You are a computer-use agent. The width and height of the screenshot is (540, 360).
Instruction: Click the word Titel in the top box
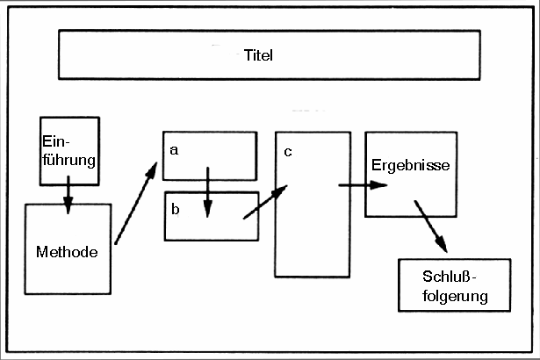(x=260, y=55)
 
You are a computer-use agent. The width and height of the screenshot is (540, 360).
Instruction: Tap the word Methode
(x=66, y=251)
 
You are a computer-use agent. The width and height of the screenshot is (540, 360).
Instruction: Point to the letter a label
(x=174, y=149)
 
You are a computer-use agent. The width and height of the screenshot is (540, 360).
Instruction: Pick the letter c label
(x=287, y=151)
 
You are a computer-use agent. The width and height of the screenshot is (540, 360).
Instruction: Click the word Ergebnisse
(x=411, y=165)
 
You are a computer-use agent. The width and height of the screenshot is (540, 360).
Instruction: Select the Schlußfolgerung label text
(x=454, y=287)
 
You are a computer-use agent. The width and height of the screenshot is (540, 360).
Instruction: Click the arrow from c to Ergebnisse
(x=362, y=185)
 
